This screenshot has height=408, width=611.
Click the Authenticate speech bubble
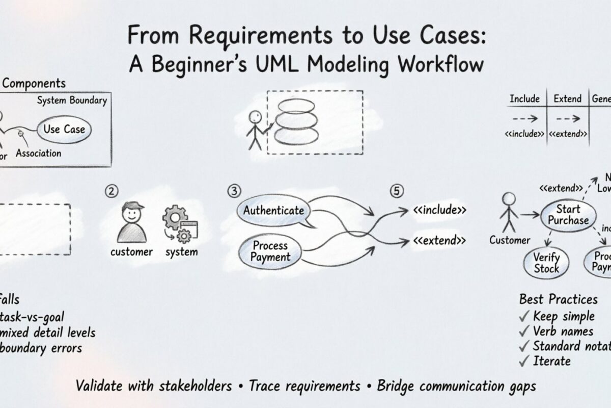pos(274,210)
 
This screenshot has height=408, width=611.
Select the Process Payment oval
pos(270,250)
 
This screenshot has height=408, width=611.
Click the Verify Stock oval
pos(546,263)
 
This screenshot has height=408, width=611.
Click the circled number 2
pos(112,191)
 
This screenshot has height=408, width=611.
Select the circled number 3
pos(233,191)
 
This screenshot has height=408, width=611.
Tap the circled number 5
pos(397,191)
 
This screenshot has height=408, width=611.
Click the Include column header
pos(524,99)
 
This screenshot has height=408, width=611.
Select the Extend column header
pos(567,99)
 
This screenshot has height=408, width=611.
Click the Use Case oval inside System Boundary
pos(64,129)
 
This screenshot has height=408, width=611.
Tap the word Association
pos(38,153)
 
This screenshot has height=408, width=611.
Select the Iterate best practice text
pos(551,361)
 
